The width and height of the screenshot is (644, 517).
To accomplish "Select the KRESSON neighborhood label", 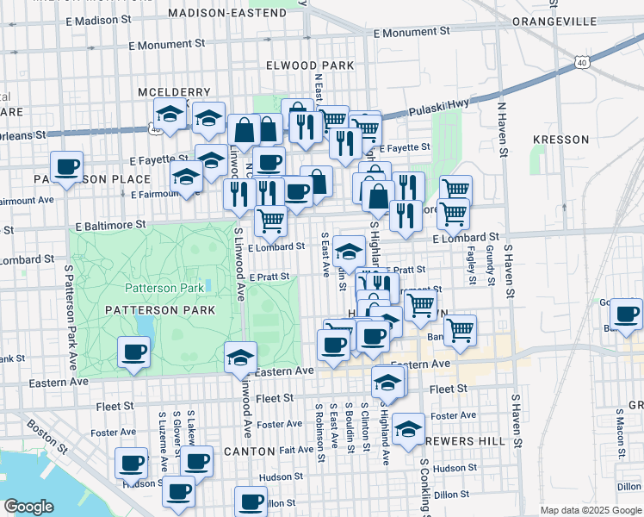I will tap(560, 139).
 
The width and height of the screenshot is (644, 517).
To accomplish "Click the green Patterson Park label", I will tap(164, 288).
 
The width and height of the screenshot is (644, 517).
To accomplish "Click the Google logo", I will tap(29, 507).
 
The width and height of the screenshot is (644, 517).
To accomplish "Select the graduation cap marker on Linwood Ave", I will tap(241, 358).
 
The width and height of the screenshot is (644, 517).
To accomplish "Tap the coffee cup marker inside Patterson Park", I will tap(134, 352).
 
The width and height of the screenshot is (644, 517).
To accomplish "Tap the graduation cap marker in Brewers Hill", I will tap(407, 428).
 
